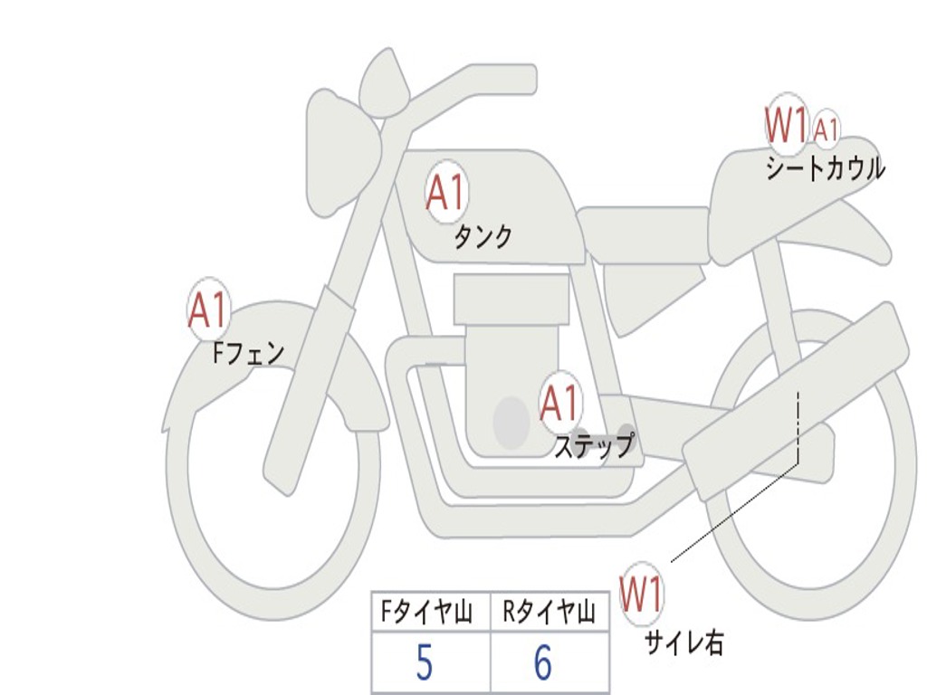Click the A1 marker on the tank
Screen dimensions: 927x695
click(446, 192)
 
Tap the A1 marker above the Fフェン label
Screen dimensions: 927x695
click(208, 309)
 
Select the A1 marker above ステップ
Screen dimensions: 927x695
click(559, 403)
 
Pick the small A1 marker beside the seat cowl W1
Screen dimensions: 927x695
click(826, 129)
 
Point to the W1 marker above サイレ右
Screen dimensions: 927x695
click(641, 594)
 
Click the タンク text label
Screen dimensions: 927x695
click(483, 237)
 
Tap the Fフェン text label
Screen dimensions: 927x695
click(248, 354)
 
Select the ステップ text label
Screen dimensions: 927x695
click(594, 445)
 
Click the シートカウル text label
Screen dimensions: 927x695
click(826, 167)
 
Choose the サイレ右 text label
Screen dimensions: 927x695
click(683, 642)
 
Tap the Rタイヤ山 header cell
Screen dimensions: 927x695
click(550, 612)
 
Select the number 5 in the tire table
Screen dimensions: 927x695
click(425, 662)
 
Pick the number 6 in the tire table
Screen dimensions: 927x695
click(543, 662)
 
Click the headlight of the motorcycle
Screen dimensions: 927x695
click(343, 153)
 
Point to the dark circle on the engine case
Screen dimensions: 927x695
click(511, 422)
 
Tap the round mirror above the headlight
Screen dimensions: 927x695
click(385, 81)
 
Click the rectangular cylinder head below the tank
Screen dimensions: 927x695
click(511, 299)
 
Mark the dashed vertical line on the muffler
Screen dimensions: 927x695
click(798, 427)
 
